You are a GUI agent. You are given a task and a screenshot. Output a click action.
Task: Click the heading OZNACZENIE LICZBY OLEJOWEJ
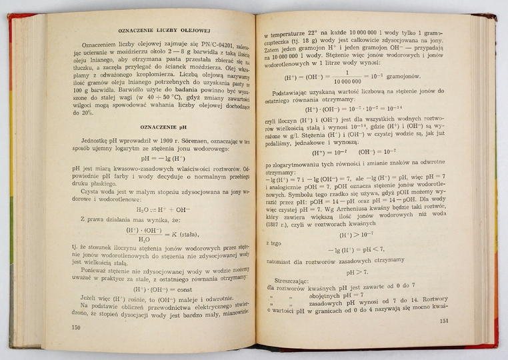tap(156, 31)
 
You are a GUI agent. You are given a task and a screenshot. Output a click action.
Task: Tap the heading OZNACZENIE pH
tap(155, 127)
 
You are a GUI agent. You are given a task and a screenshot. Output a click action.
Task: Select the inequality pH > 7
tap(355, 272)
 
